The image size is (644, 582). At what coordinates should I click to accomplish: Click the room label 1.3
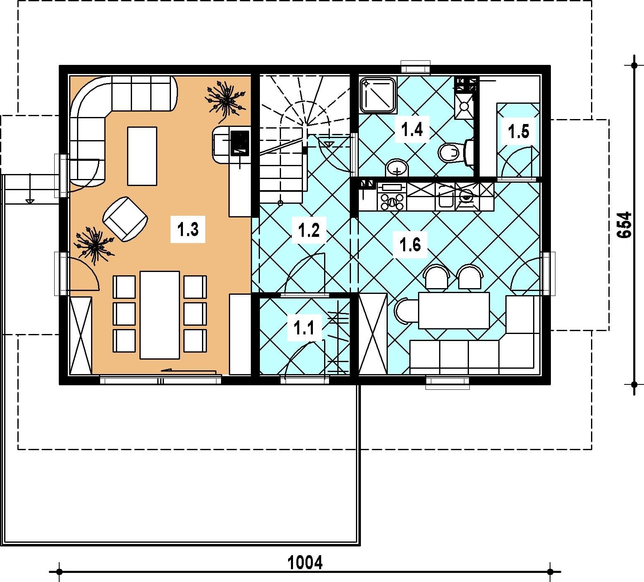coord(188,229)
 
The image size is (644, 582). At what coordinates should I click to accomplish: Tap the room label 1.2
coord(309,229)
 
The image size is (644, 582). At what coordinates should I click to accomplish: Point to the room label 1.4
coord(412,129)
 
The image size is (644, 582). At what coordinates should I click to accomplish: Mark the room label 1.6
coord(410,244)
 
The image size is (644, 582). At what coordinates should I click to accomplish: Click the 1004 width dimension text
coord(305,562)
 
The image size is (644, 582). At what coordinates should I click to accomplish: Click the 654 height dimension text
coord(624,225)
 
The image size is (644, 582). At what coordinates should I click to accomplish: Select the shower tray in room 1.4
coord(378,94)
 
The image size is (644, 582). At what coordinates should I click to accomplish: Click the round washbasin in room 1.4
coord(397,168)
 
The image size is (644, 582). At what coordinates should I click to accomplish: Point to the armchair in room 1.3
coord(125,218)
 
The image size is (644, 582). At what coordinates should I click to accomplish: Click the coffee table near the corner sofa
coord(142,156)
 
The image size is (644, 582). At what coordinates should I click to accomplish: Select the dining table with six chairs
coord(160,315)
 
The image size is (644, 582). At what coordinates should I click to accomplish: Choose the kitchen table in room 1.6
coord(454,310)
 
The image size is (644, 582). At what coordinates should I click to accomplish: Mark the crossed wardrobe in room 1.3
coord(81,336)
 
